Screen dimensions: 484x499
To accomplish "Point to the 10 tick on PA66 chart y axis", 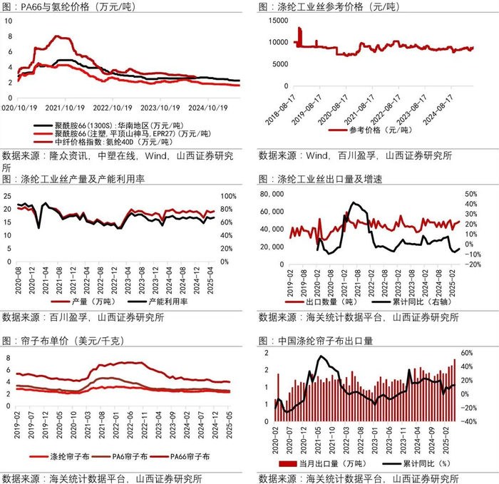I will click(9, 21).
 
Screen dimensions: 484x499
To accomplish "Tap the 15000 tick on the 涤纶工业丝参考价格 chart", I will click(278, 21).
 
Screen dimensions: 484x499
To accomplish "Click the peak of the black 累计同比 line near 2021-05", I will click(322, 356).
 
